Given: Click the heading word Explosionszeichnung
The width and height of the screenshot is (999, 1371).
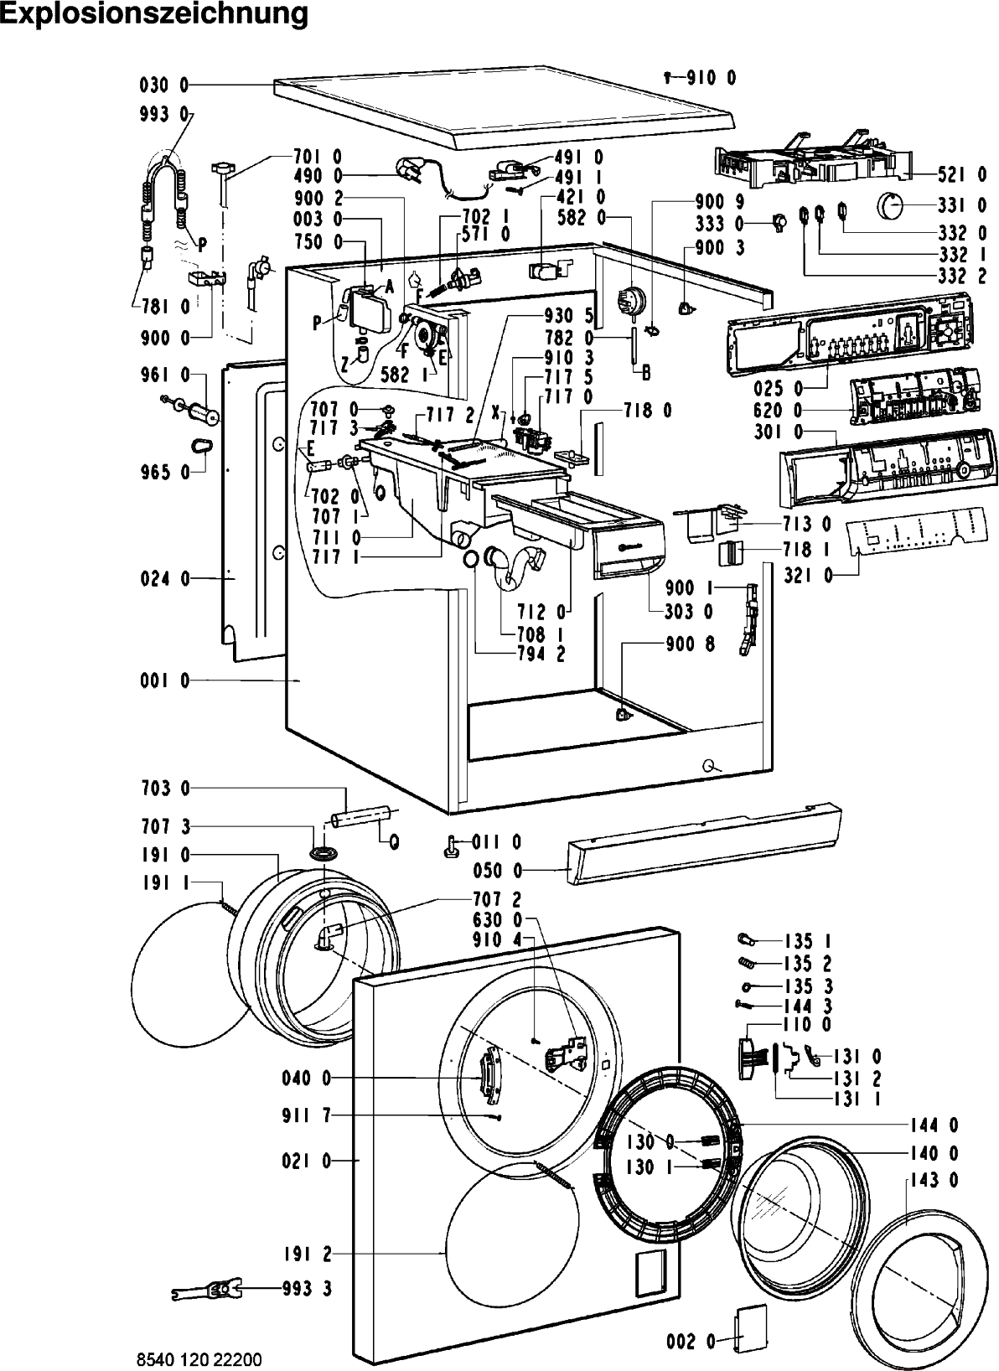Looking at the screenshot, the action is coord(154,14).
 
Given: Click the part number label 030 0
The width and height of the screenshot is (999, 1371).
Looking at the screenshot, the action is coord(164,85).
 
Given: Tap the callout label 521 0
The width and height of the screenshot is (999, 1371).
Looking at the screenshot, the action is coord(962,175).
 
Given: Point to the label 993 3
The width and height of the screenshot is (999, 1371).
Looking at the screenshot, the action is coord(307,1288).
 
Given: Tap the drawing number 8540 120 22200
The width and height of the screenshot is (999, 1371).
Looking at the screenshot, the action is coord(199,1359).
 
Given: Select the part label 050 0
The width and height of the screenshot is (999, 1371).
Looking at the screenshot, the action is coord(498,870).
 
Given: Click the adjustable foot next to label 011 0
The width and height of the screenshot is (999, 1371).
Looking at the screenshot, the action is coord(453,848).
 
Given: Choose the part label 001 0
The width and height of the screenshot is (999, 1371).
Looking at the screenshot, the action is coord(165,680).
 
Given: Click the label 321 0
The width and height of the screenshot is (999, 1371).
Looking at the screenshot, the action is coord(809,576).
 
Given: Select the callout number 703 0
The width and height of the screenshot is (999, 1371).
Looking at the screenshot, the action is coord(165,788).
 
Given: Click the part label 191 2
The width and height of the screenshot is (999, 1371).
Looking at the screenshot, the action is coord(308,1255).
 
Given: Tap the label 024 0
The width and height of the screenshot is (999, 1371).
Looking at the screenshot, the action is coord(165,578).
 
